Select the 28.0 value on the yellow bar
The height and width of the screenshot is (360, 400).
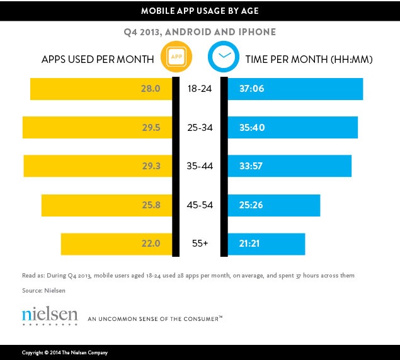[152, 89]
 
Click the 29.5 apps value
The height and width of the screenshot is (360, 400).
[152, 127]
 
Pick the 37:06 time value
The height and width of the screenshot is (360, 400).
[251, 89]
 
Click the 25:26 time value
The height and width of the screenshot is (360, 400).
[251, 205]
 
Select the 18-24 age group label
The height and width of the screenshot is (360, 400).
[200, 89]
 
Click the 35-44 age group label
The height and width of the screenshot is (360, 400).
[200, 166]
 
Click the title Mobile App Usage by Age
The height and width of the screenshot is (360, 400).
[200, 11]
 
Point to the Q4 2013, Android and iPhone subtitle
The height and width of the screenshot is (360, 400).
[200, 31]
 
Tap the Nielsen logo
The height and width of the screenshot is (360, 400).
[50, 315]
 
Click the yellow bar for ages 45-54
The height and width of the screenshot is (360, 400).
[106, 205]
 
